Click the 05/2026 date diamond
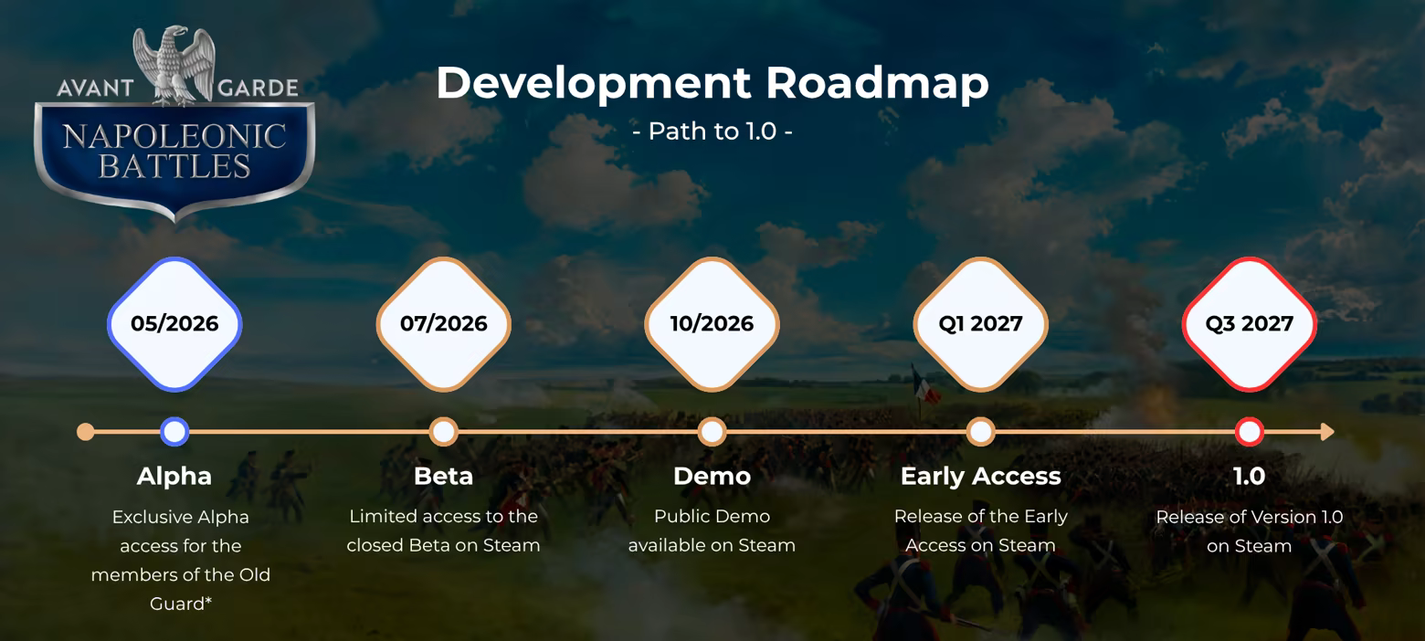tap(174, 323)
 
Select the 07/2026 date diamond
tap(443, 323)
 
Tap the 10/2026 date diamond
tap(712, 323)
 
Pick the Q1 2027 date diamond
tap(980, 323)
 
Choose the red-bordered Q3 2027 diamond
tap(1250, 323)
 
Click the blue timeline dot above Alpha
tap(174, 432)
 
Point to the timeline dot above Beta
tap(443, 432)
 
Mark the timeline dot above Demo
tap(712, 432)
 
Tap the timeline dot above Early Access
tap(980, 432)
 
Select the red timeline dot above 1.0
tap(1250, 432)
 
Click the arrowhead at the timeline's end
tap(1327, 432)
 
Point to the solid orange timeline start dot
tap(85, 432)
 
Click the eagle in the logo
tap(174, 65)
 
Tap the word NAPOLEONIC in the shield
tap(174, 137)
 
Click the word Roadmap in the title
tap(877, 83)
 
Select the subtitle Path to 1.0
tap(712, 131)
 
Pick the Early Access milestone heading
tap(980, 477)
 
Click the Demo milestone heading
tap(712, 477)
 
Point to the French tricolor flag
tap(925, 385)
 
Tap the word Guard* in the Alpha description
tap(181, 604)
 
